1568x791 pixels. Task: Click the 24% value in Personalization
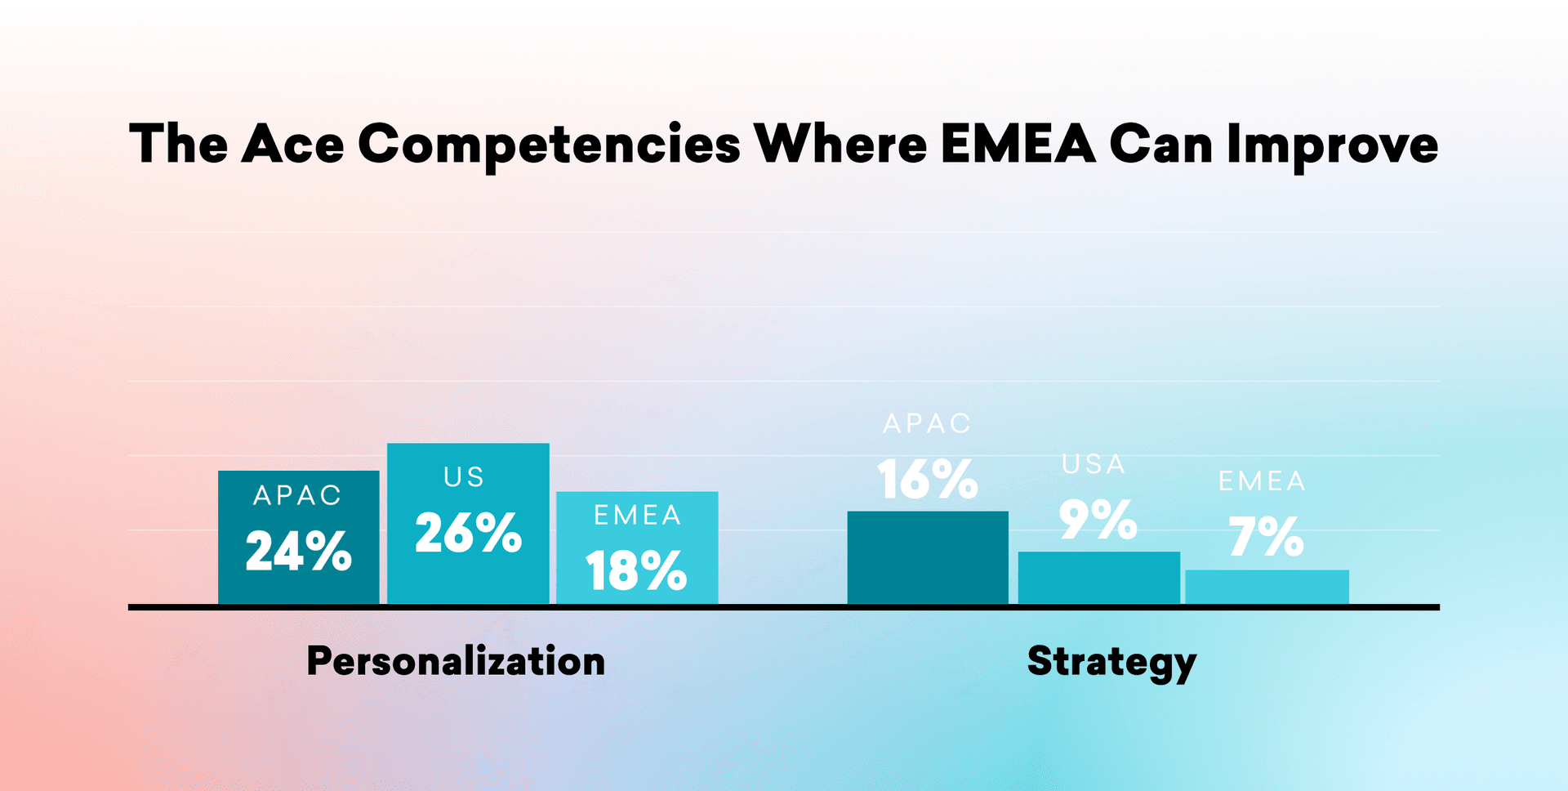pyautogui.click(x=298, y=551)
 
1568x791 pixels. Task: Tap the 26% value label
pyautogui.click(x=468, y=533)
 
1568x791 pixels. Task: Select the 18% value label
pyautogui.click(x=636, y=570)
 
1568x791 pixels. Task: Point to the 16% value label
pyautogui.click(x=927, y=479)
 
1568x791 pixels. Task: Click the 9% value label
pyautogui.click(x=1098, y=520)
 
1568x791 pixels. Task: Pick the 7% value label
pyautogui.click(x=1266, y=537)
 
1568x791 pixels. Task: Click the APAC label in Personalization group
pyautogui.click(x=297, y=495)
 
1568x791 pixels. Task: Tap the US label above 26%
pyautogui.click(x=464, y=476)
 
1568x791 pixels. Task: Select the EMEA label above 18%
pyautogui.click(x=637, y=515)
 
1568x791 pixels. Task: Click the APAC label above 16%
pyautogui.click(x=927, y=423)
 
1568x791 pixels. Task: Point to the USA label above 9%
pyautogui.click(x=1094, y=464)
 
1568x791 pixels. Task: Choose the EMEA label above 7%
pyautogui.click(x=1262, y=480)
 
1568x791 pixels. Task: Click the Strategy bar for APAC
pyautogui.click(x=928, y=557)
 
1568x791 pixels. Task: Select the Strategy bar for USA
pyautogui.click(x=1098, y=578)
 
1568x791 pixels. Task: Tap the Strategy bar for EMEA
pyautogui.click(x=1267, y=587)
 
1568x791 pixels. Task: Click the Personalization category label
pyautogui.click(x=456, y=661)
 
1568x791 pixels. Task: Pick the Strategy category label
pyautogui.click(x=1111, y=661)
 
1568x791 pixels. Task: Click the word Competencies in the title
pyautogui.click(x=549, y=145)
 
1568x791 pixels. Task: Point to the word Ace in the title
pyautogui.click(x=293, y=145)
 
